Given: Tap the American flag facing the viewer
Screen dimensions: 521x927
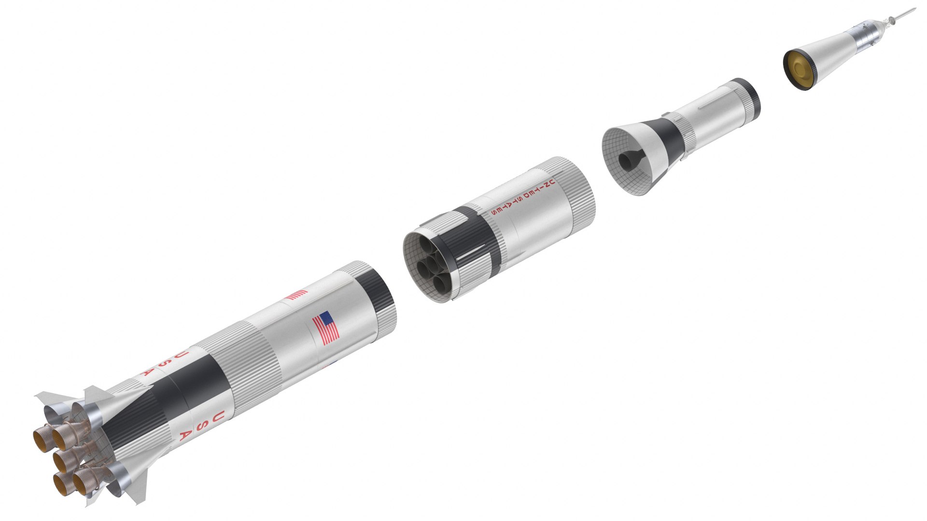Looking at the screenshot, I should pyautogui.click(x=326, y=328).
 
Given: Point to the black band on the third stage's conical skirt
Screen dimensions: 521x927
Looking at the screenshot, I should pyautogui.click(x=669, y=137).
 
